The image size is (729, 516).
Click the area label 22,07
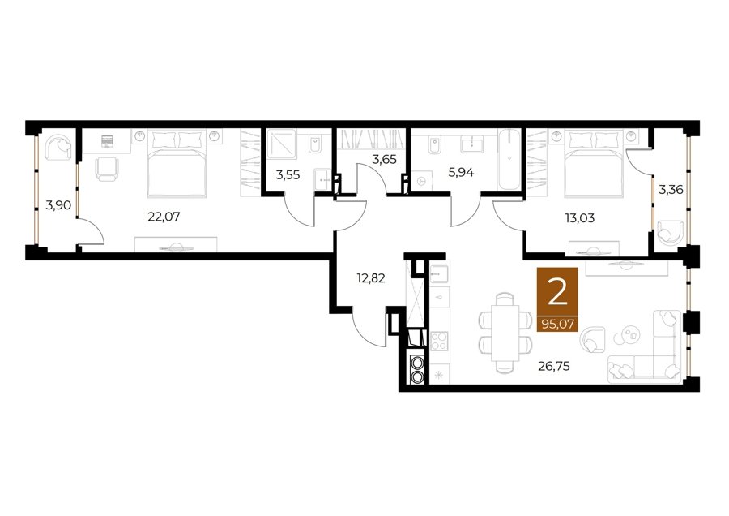pos(164,217)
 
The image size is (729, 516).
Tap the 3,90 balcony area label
pos(58,204)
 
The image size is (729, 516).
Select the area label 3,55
pos(288,175)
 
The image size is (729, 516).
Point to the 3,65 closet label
pos(384,160)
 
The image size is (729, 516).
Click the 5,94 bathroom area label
pos(461,173)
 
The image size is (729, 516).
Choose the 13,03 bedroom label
pos(580,218)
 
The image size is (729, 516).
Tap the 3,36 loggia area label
pos(671,190)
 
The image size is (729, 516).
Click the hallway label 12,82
pos(370,278)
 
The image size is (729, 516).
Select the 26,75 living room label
pos(554,367)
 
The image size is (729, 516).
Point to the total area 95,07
pos(557,323)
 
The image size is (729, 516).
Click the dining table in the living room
pos(505,332)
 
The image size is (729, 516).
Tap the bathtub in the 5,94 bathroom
pos(509,160)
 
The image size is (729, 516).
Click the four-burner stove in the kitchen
pos(439,341)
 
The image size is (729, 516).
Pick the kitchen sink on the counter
pos(439,274)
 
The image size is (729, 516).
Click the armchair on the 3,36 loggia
pos(670,232)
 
